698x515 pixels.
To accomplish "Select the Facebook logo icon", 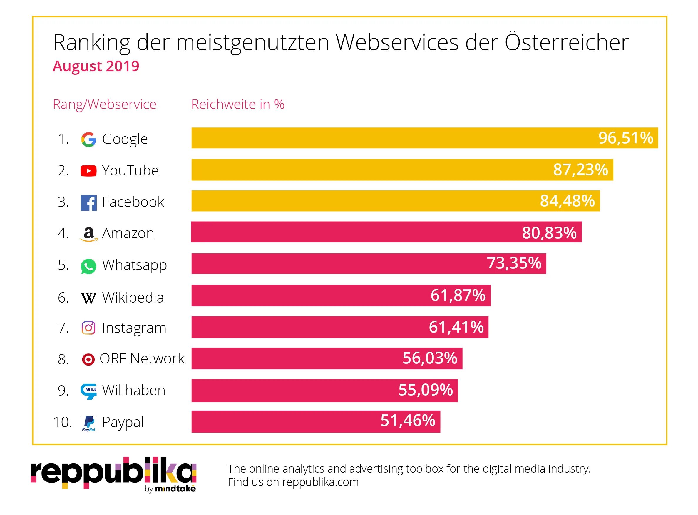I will coord(88,203).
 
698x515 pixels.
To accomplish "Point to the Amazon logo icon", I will coord(88,234).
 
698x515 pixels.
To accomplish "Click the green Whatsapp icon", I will coord(88,266).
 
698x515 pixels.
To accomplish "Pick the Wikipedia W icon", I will coord(88,298).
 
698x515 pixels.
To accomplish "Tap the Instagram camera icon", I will coord(88,328).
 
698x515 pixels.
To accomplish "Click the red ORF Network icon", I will coord(88,359).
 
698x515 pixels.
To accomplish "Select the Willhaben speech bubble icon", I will coord(88,391).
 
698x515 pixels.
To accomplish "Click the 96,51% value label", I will coord(625,138).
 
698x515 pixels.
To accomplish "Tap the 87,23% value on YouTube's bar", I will coord(580,170).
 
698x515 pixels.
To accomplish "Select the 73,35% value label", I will coord(514,263).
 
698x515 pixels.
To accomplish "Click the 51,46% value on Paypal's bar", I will coord(408,421).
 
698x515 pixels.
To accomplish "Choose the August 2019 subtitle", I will coord(96,66).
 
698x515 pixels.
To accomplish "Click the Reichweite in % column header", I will coord(237,104).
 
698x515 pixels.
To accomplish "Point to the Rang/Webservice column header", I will coord(105,104).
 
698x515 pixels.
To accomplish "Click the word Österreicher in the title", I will coord(566,42).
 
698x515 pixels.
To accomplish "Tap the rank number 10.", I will coord(62,422).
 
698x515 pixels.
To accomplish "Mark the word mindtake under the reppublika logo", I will coord(175,489).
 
